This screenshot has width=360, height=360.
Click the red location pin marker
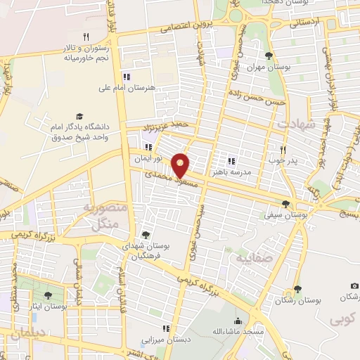tap(182, 165)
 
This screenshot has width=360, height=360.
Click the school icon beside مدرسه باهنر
tap(231, 161)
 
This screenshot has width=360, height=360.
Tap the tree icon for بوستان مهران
tap(267, 56)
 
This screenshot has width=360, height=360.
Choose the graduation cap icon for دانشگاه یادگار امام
tap(79, 117)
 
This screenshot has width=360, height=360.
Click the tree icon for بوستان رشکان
tap(297, 289)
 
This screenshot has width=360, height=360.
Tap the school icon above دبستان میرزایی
tap(165, 328)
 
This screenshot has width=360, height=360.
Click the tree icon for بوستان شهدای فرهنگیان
tap(146, 235)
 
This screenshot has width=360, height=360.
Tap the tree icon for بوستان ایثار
tap(48, 296)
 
